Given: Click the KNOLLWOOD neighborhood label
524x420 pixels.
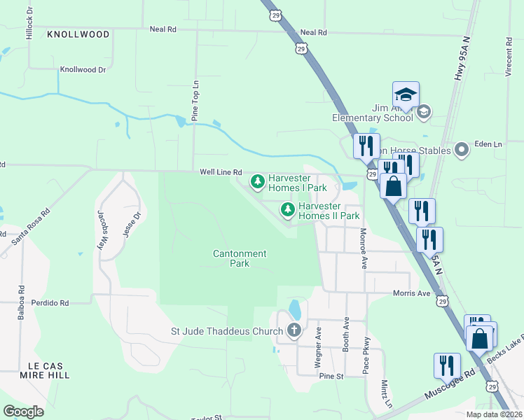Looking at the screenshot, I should (78, 34).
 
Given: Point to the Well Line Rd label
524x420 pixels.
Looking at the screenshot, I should (221, 171).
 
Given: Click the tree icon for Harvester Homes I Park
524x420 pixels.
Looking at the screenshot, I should (258, 182).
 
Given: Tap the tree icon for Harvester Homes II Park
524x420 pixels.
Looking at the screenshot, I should (287, 209).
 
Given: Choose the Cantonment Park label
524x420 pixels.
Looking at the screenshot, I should (240, 258).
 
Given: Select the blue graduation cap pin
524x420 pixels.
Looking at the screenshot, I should (406, 94).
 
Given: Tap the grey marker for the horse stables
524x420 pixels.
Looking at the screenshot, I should (461, 150).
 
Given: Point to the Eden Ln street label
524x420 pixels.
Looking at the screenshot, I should (489, 143).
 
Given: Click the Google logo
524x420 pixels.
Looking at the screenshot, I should (24, 411).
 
